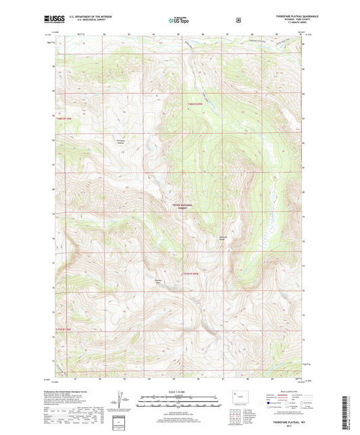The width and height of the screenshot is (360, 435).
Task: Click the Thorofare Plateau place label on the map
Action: pyautogui.click(x=121, y=142)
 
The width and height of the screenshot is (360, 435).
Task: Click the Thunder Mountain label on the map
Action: pyautogui.click(x=159, y=281)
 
